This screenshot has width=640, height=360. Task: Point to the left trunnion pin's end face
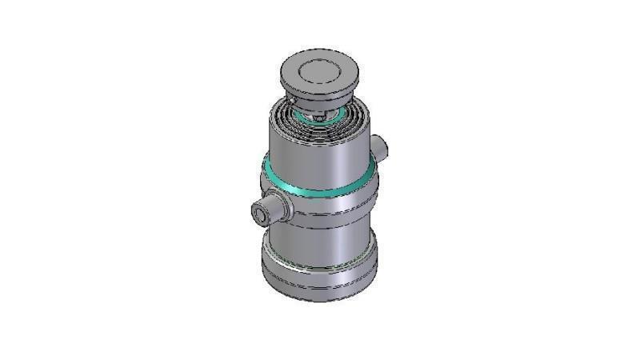(x=261, y=214)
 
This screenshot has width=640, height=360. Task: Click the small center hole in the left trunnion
(x=261, y=214)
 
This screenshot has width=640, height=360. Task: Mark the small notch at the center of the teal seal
(x=319, y=119)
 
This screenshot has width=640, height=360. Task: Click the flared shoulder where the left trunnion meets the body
(x=285, y=206)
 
